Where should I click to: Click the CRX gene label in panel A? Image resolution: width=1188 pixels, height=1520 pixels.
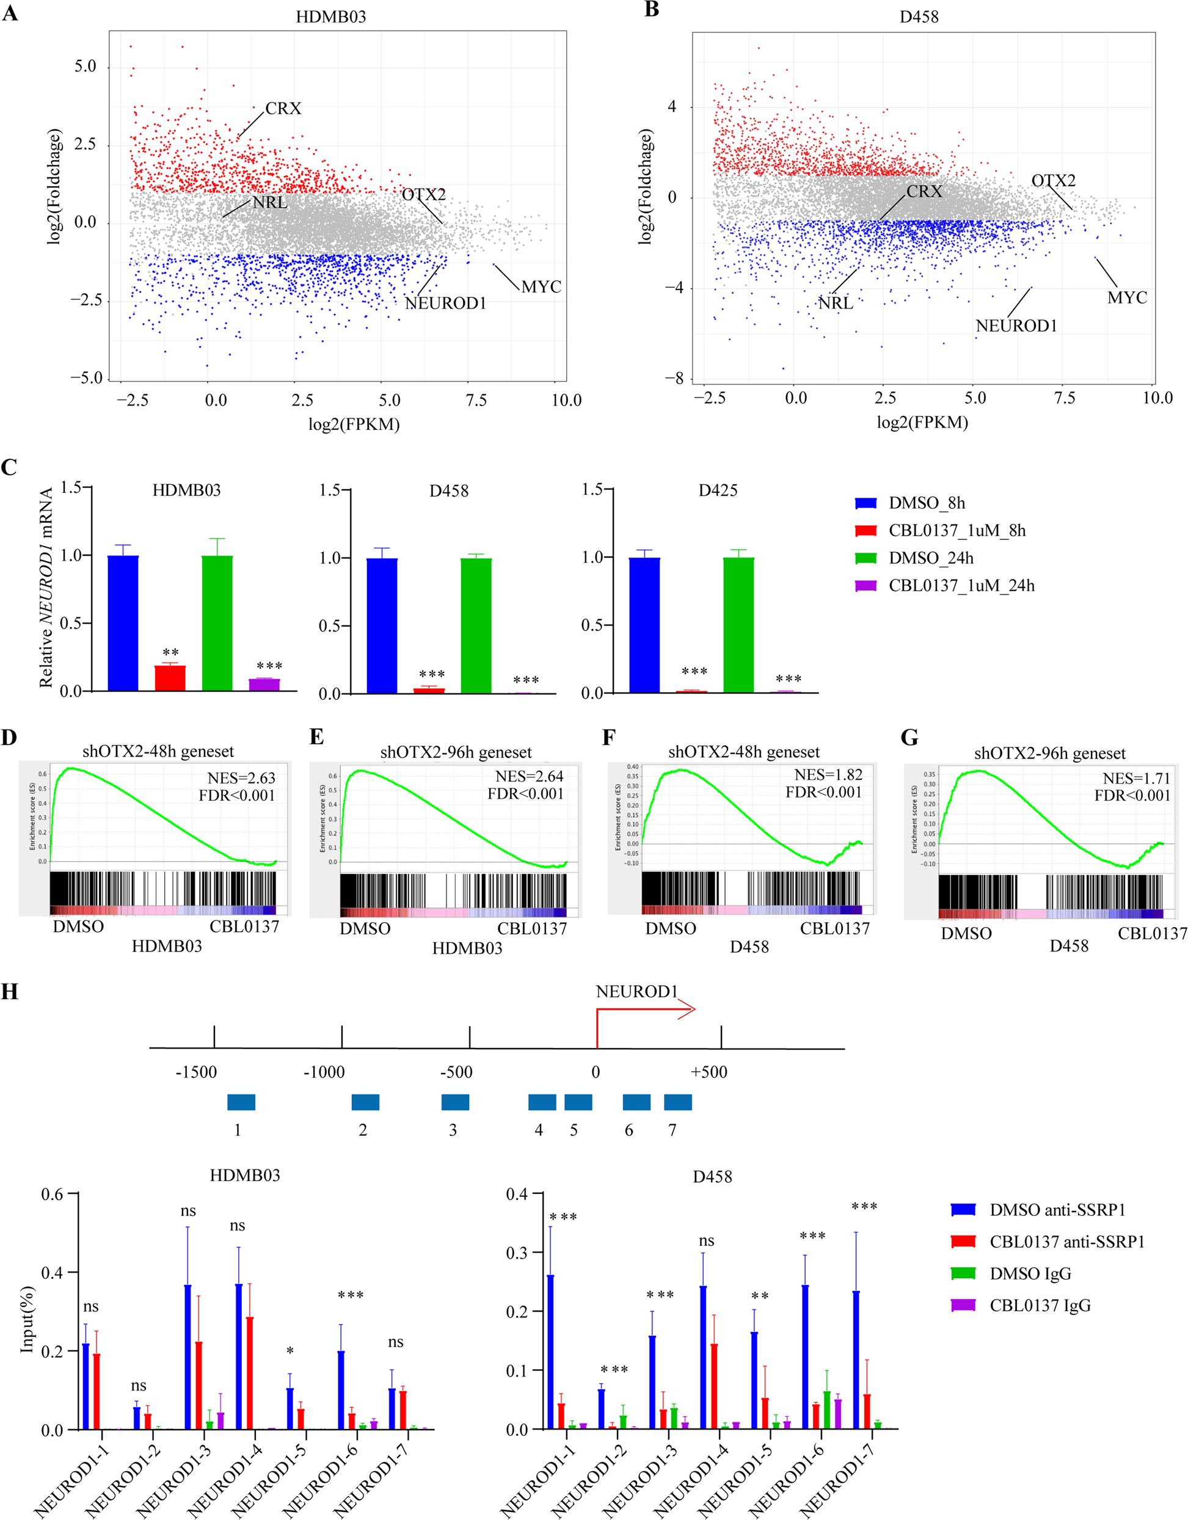coord(283,109)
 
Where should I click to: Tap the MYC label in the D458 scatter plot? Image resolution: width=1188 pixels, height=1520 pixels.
coord(1127,298)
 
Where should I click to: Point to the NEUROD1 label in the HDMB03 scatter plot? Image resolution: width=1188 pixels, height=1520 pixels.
coord(445,304)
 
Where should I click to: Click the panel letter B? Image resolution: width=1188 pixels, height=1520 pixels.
coord(652,11)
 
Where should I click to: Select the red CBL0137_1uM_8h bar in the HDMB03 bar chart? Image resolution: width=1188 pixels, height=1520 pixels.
coord(170,677)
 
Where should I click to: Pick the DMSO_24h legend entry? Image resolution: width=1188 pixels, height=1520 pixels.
coord(930,558)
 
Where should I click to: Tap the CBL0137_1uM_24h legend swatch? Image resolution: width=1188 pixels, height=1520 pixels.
coord(865,586)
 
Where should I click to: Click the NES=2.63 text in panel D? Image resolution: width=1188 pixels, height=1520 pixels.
coord(241,778)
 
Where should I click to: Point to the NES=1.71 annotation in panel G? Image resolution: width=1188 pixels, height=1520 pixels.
coord(1137,778)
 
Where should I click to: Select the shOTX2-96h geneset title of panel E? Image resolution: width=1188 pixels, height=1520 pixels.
coord(456,752)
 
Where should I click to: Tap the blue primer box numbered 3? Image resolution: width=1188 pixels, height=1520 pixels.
coord(455,1102)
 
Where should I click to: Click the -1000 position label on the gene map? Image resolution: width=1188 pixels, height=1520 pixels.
coord(324,1072)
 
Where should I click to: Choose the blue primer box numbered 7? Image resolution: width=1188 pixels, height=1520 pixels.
coord(677,1102)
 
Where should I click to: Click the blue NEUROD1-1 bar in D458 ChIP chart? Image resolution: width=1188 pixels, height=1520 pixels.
coord(550,1351)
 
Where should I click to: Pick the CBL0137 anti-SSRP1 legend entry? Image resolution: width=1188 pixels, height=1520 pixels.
coord(1067,1242)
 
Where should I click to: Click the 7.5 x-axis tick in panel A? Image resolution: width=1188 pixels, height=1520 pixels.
coord(476,400)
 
